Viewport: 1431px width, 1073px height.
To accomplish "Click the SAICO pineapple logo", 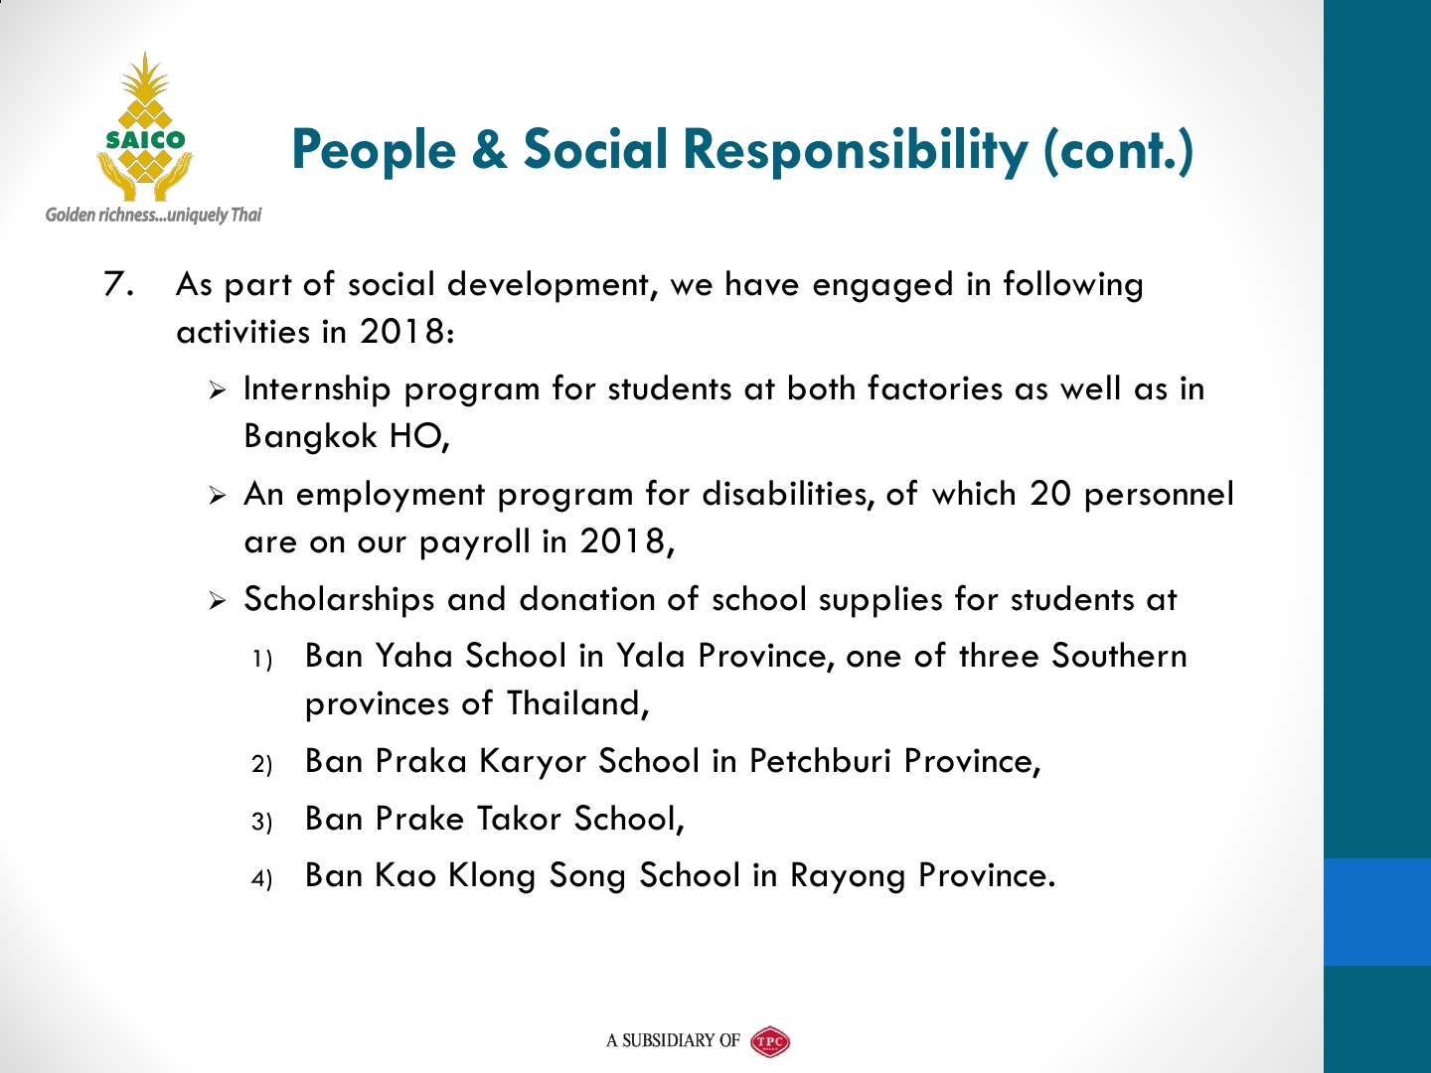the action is point(145,126).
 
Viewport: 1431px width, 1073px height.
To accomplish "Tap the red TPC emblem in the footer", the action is point(770,1041).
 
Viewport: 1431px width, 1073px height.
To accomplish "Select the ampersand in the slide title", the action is point(489,150).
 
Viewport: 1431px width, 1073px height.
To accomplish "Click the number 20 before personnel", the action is point(1050,494).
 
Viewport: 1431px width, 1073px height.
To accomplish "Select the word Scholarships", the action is point(339,599).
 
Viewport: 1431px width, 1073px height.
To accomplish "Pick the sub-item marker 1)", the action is point(262,660).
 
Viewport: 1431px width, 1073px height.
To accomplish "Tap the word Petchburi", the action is point(820,760).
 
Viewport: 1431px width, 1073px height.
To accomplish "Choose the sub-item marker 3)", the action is point(261,822).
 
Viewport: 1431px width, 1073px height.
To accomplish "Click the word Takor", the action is point(519,819).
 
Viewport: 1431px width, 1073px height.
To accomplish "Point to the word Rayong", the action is point(848,876).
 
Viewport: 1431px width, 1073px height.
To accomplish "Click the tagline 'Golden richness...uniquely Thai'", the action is point(153,215).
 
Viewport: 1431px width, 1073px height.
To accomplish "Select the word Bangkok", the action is point(310,436).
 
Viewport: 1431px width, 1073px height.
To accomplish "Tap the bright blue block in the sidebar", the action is point(1377,911).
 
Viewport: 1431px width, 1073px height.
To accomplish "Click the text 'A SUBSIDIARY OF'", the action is point(673,1041).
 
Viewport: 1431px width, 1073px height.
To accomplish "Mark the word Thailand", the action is point(578,704).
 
